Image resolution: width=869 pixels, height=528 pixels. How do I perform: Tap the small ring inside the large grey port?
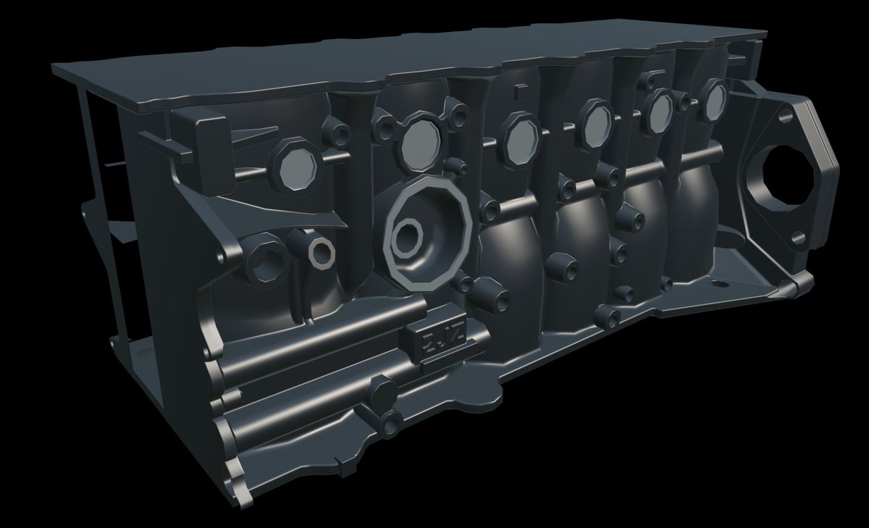pos(407,238)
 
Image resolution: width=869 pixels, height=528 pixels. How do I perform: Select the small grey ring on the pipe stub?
pos(319,250)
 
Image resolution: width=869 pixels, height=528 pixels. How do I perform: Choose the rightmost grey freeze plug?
pos(713,101)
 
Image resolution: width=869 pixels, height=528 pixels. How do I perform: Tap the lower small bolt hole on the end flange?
pos(798,237)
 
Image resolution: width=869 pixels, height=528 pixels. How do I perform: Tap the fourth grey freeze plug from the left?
pos(597,121)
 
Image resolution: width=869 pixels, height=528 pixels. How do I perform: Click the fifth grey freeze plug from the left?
pos(659,110)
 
